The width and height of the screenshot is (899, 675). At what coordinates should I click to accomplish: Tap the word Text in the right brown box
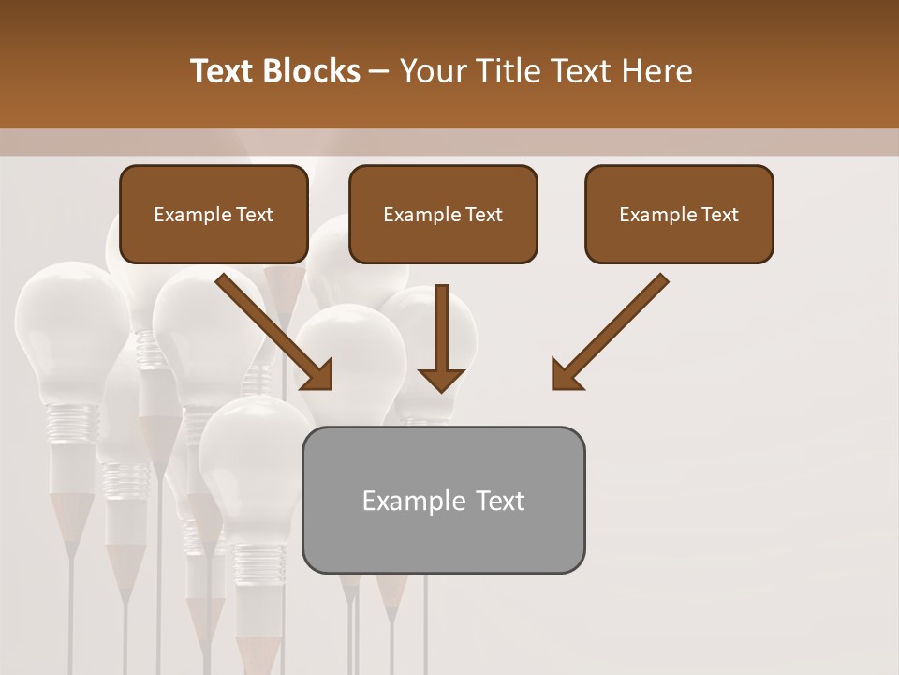(x=719, y=215)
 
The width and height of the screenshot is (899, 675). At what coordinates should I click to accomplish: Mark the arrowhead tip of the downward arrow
(x=441, y=390)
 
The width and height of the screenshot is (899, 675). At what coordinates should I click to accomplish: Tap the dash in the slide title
(x=379, y=72)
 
